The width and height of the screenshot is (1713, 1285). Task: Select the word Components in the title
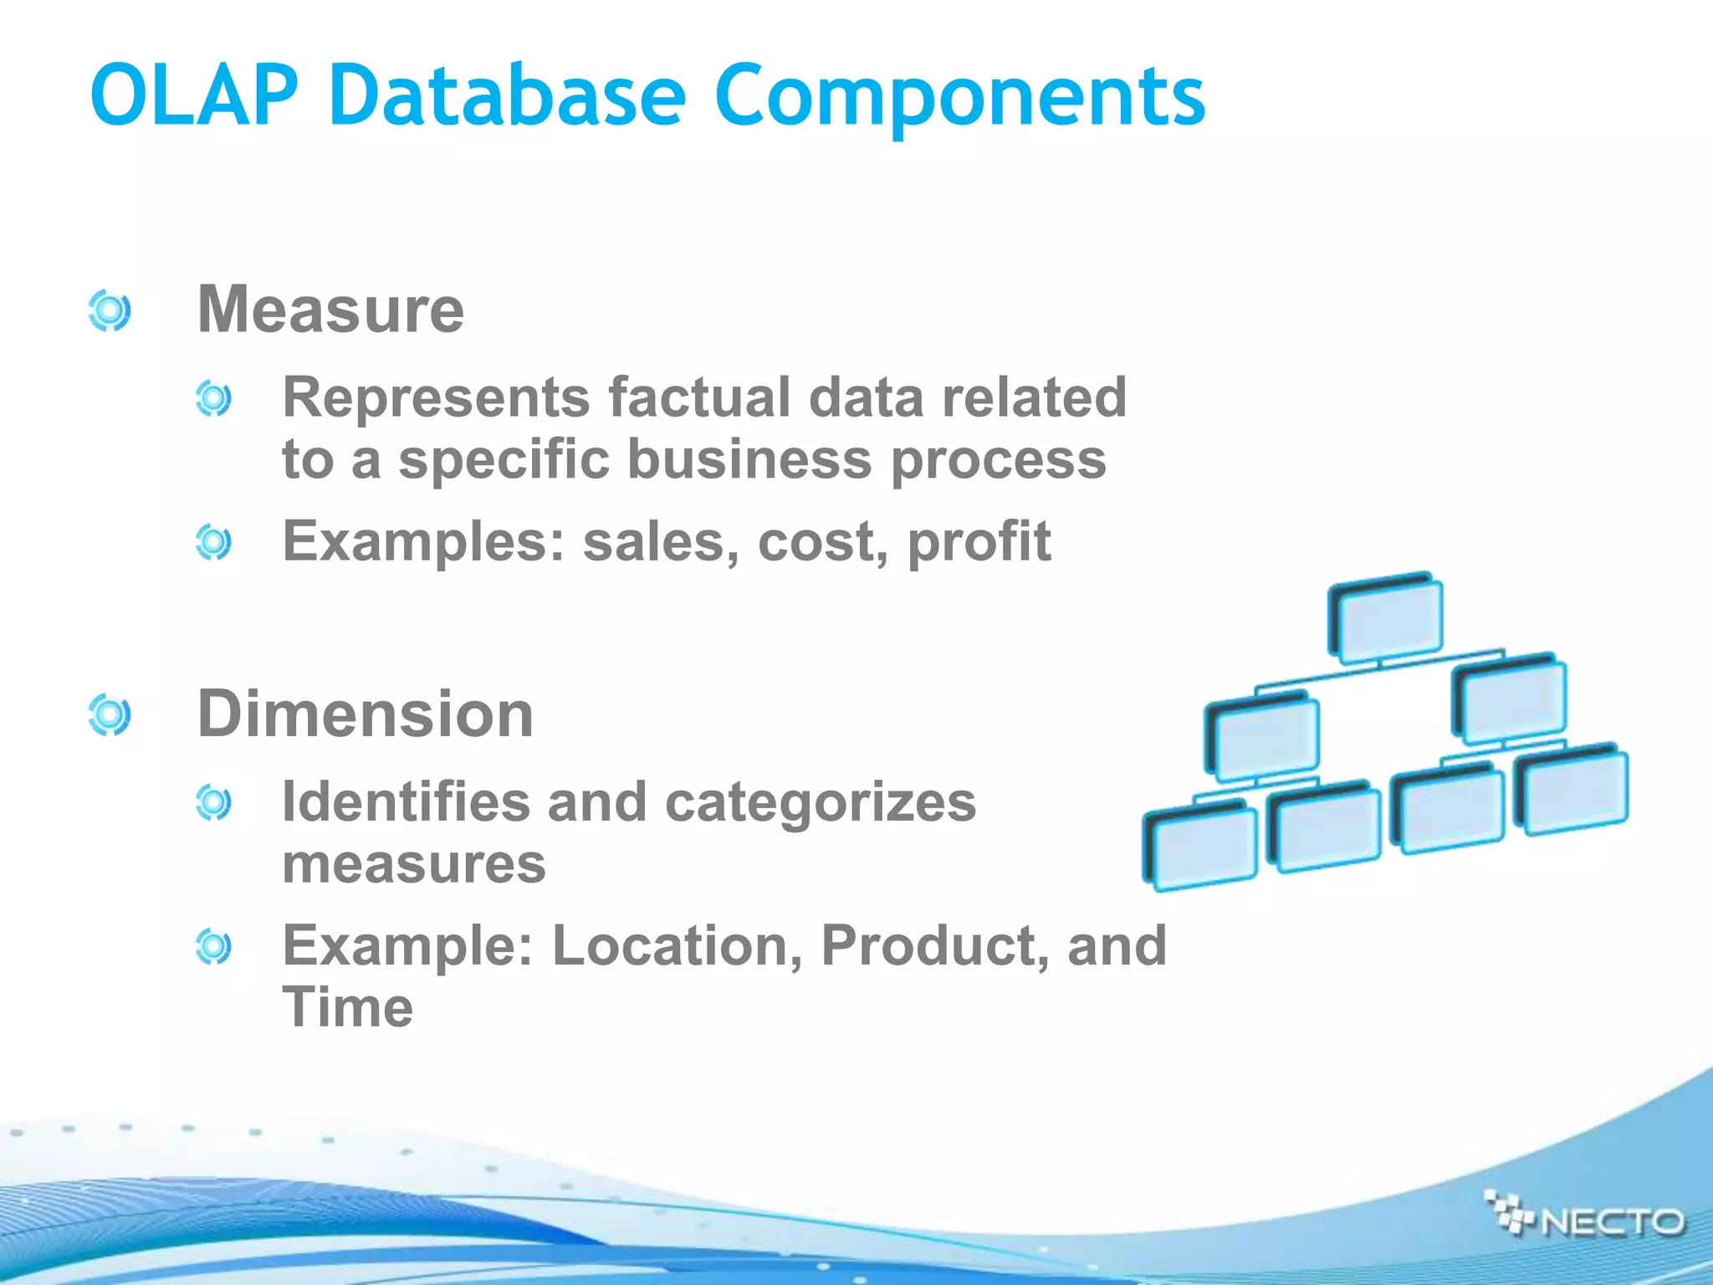click(x=959, y=97)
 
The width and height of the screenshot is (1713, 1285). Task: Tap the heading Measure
click(x=330, y=310)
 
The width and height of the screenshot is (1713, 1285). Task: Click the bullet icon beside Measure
click(x=110, y=310)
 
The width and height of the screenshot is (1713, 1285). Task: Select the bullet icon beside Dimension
click(x=110, y=714)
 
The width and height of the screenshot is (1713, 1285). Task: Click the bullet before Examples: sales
click(x=213, y=543)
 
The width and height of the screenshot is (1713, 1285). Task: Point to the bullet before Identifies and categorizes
click(x=213, y=803)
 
